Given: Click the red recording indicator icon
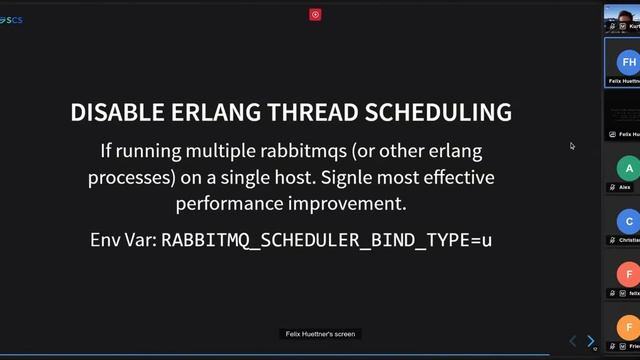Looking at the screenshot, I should [315, 14].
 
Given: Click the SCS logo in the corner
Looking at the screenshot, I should [12, 20].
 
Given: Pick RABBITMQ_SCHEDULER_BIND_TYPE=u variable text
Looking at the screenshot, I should [326, 240].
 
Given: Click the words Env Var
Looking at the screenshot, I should [122, 240].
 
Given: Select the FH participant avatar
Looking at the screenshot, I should [628, 62].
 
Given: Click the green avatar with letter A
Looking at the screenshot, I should [627, 168].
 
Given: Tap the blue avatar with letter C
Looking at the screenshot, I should [627, 222].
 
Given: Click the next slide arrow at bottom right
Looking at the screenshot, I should [590, 341].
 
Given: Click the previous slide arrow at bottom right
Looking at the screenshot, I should [573, 341].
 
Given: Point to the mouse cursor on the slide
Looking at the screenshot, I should [572, 146].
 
